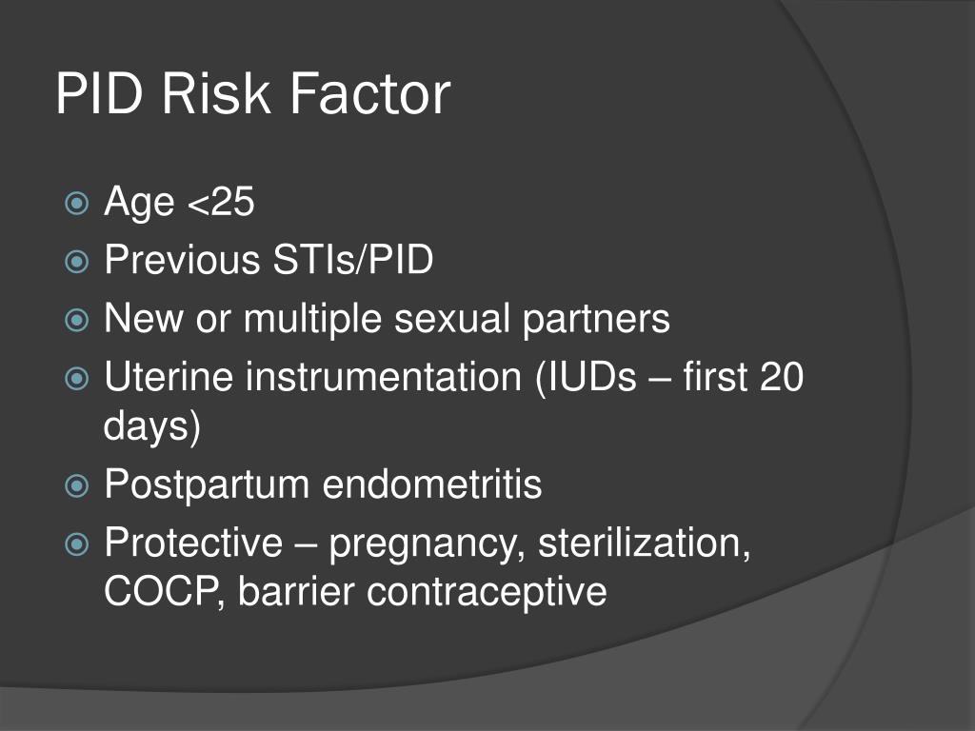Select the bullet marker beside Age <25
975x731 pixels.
tap(77, 202)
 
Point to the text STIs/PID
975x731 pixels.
tap(348, 260)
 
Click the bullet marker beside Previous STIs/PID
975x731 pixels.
tap(77, 261)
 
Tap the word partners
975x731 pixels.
tap(596, 319)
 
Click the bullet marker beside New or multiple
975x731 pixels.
tap(77, 320)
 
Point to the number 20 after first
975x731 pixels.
tap(781, 378)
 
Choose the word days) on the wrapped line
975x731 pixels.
tap(152, 426)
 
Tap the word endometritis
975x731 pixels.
tap(432, 485)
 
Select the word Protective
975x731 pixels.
tap(193, 543)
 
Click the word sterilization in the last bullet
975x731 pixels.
tap(643, 543)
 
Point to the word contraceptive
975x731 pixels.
tap(487, 592)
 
